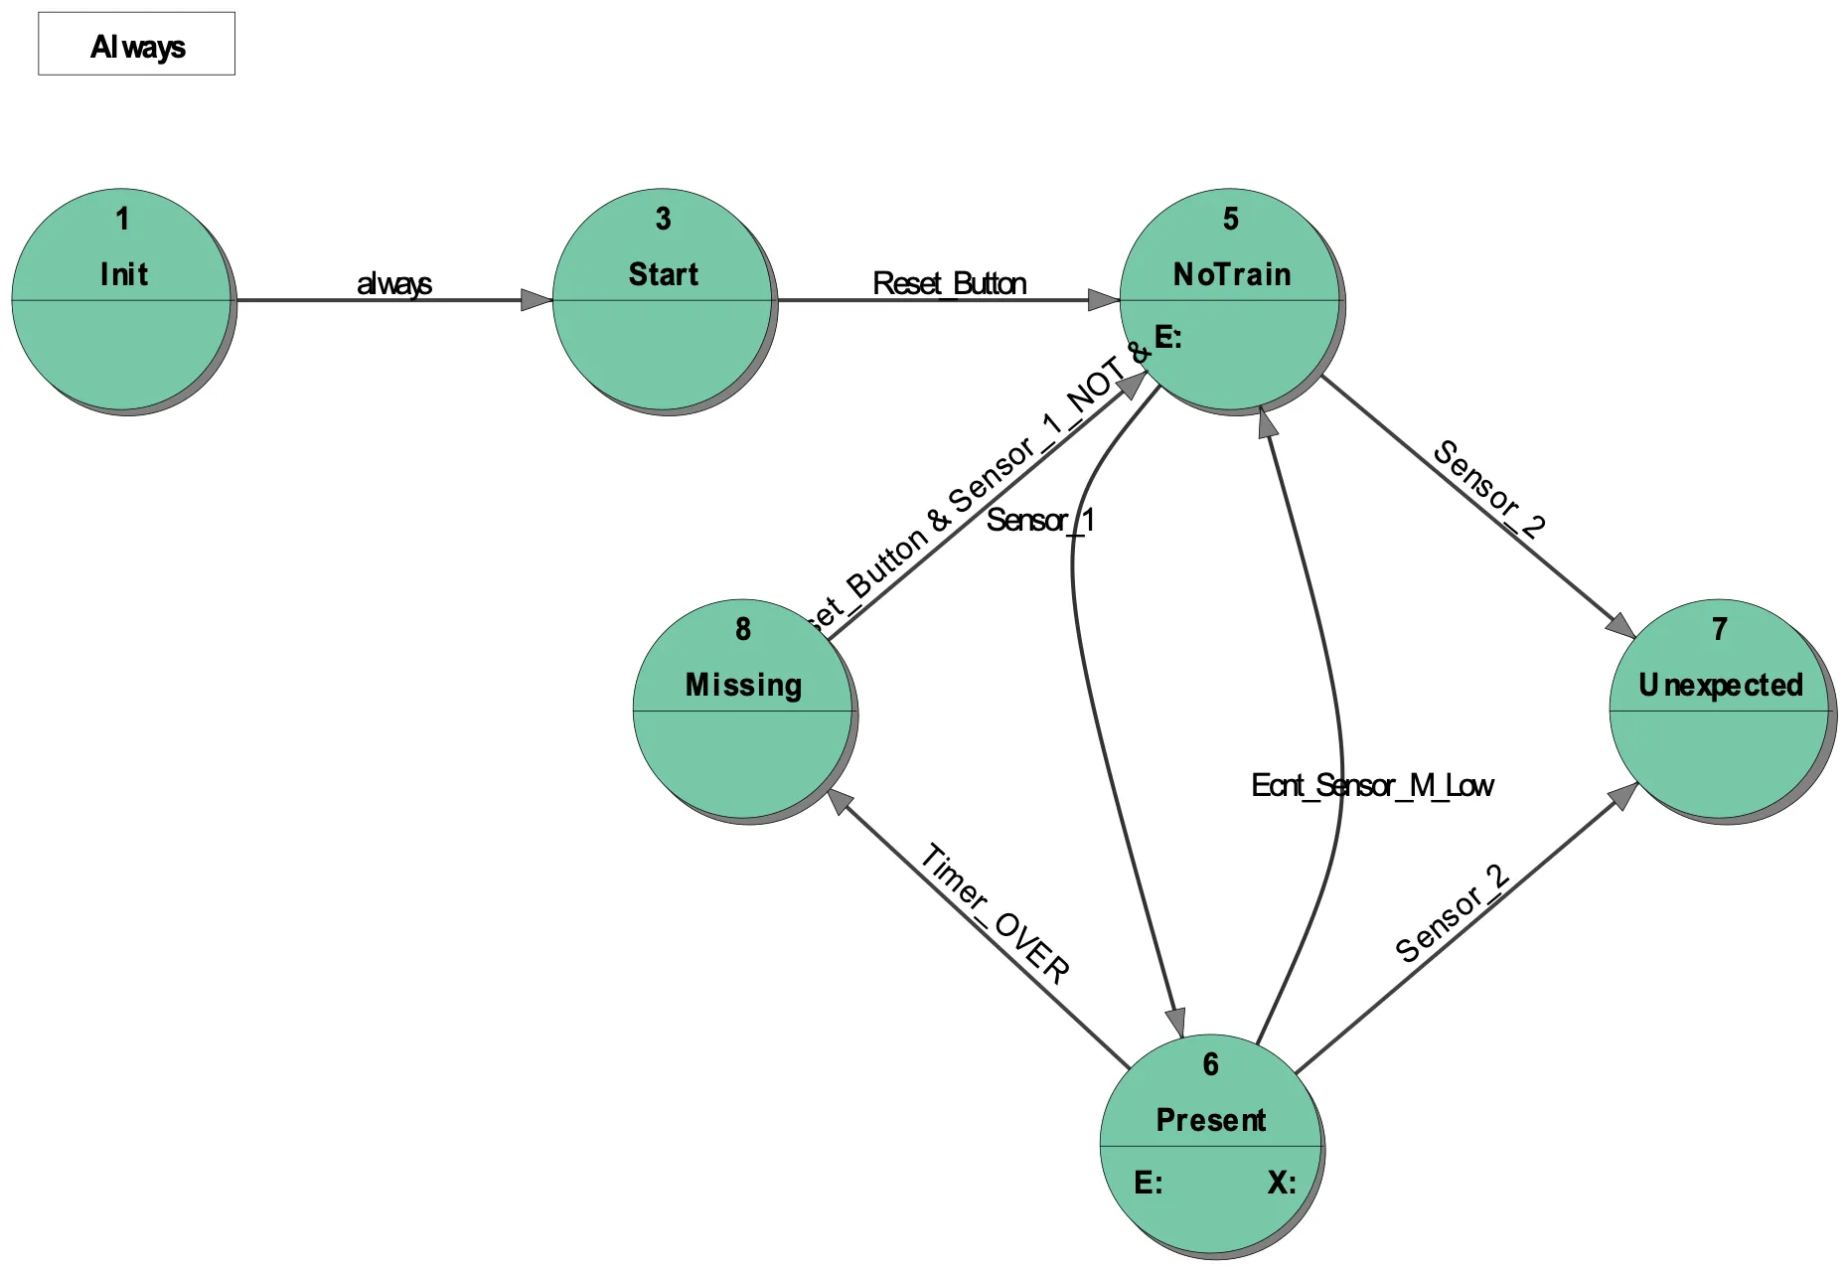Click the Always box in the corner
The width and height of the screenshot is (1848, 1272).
click(136, 44)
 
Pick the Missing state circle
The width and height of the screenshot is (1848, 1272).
click(743, 711)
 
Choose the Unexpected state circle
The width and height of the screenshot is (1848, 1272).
click(1720, 711)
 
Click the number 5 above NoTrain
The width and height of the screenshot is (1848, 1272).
click(1231, 219)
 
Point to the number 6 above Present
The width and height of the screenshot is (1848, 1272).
click(1210, 1064)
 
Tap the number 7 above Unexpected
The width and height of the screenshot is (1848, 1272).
click(1720, 629)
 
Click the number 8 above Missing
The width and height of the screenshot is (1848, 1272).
click(743, 629)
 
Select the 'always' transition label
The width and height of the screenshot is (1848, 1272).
click(394, 283)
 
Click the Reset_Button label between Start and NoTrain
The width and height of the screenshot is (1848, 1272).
click(949, 283)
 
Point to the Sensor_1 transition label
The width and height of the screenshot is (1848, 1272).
click(1040, 520)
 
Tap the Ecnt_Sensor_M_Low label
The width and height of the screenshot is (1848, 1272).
click(1372, 786)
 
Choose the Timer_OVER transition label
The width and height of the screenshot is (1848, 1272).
click(995, 913)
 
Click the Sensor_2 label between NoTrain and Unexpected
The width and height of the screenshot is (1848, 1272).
click(1488, 488)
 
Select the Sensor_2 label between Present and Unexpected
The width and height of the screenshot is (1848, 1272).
click(1453, 913)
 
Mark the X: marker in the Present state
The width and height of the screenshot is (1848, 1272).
click(1282, 1183)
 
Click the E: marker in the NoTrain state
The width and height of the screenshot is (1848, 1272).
click(1167, 337)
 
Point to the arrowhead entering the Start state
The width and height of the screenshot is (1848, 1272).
click(538, 300)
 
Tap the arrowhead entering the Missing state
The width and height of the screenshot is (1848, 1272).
click(841, 801)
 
